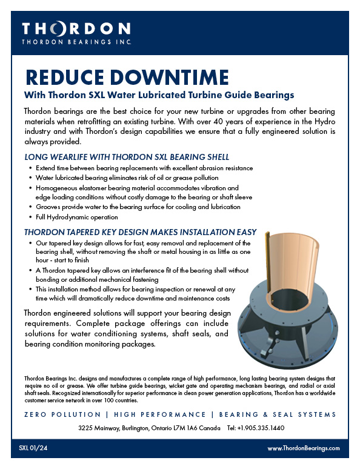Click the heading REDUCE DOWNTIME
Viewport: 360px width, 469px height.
127,77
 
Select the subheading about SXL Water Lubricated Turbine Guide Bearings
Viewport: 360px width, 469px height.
159,95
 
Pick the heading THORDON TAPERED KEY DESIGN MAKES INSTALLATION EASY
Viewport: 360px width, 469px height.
140,232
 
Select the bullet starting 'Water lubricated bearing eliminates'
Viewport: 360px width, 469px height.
127,178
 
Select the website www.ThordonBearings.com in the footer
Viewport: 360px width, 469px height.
303,448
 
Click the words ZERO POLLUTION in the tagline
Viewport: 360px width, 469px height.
62,414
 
